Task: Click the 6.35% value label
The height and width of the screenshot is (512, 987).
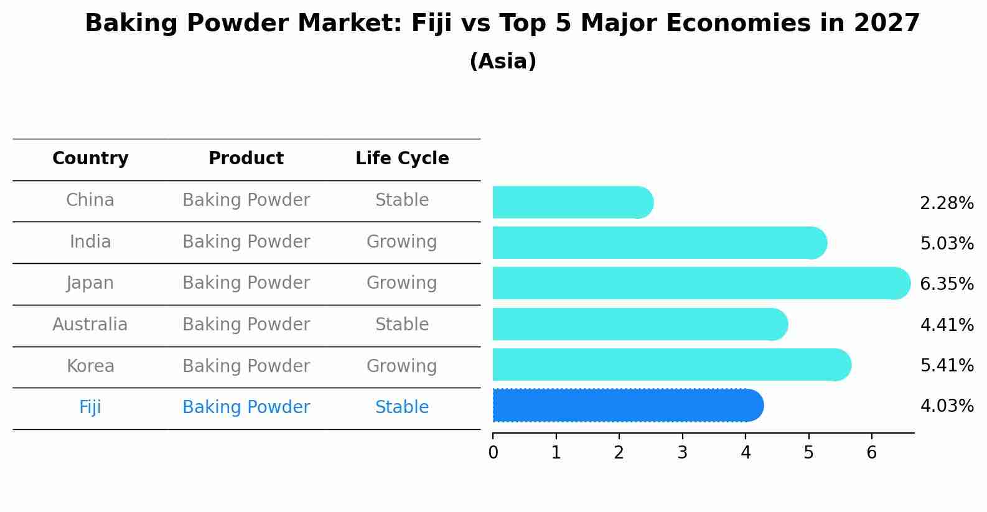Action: [x=947, y=284]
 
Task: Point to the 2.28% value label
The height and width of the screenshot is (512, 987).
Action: [x=947, y=203]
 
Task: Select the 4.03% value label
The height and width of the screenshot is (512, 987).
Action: [x=947, y=406]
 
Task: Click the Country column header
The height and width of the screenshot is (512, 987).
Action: [x=90, y=159]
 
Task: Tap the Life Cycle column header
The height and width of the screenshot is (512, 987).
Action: [x=402, y=159]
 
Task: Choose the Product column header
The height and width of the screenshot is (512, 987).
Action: [x=246, y=159]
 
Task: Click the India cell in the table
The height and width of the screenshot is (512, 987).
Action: [x=90, y=242]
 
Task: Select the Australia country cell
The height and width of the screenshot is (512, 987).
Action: [x=90, y=325]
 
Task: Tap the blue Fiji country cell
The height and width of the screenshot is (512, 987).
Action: [x=90, y=407]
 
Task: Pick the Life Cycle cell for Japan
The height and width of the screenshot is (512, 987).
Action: [x=402, y=283]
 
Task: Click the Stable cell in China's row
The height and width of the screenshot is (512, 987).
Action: [x=402, y=200]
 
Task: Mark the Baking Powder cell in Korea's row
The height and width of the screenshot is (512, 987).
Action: [x=246, y=366]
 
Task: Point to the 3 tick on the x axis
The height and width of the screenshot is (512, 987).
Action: [x=682, y=452]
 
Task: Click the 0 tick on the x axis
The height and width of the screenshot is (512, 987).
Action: [x=493, y=452]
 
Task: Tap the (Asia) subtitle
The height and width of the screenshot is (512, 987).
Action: [x=503, y=62]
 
